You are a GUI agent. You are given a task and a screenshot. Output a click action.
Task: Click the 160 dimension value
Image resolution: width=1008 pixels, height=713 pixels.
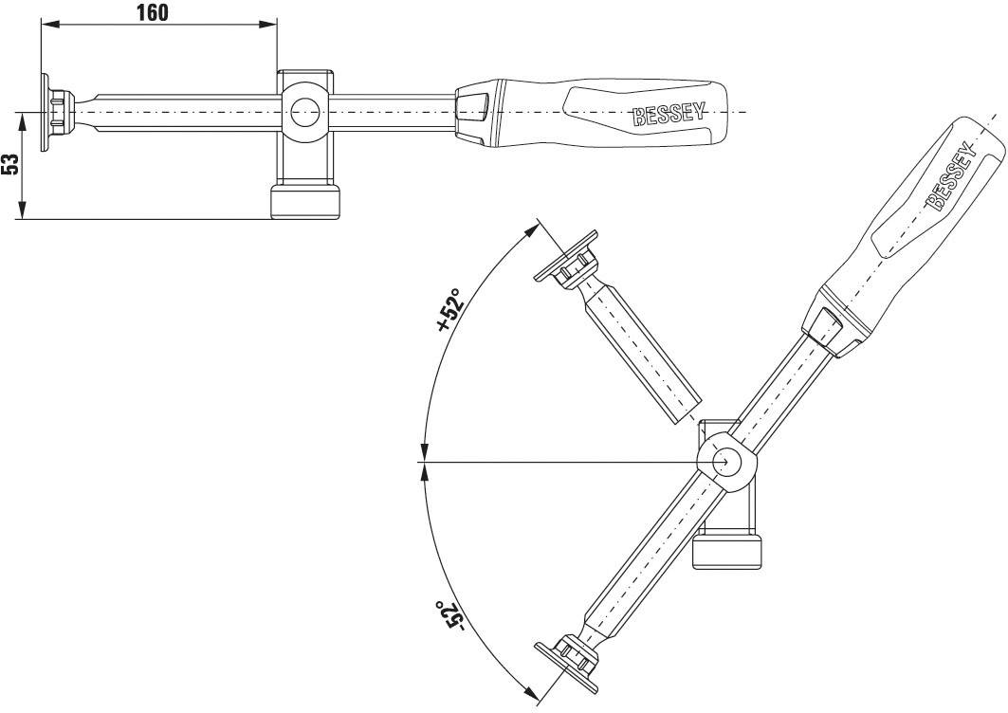point(152,12)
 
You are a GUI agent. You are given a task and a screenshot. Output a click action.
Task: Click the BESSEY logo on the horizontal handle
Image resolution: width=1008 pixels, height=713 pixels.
point(669,115)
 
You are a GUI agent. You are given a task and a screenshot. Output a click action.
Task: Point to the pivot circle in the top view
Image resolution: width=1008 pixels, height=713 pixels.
point(304,112)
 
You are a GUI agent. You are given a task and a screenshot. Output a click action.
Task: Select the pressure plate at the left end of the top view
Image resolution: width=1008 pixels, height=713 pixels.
point(45,112)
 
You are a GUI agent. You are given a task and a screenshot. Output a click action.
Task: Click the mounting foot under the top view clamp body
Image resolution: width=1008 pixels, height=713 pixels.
point(304,202)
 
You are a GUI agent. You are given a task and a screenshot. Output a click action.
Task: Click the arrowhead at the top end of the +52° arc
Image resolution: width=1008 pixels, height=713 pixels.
point(533,229)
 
